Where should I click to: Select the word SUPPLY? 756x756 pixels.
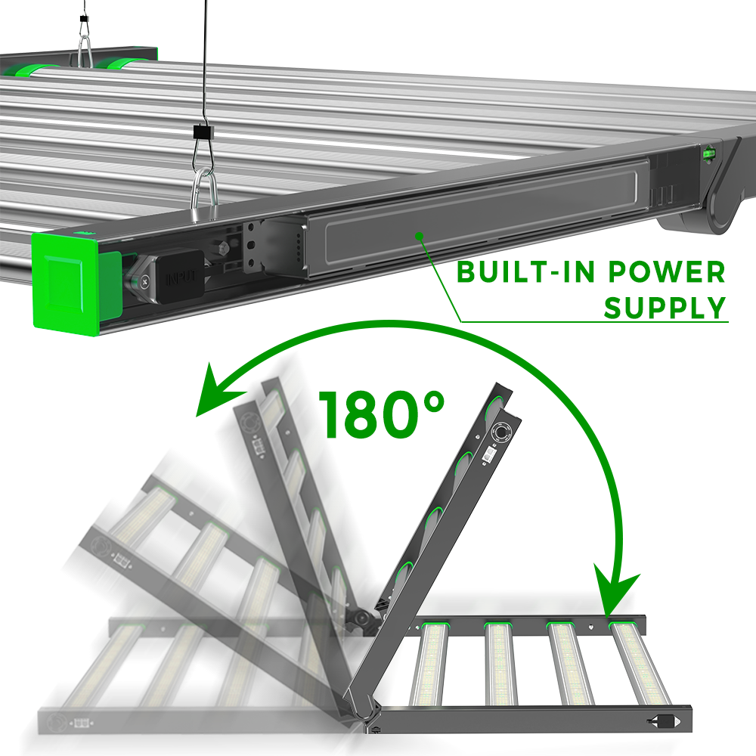[x=665, y=308]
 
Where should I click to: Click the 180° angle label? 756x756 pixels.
[x=381, y=414]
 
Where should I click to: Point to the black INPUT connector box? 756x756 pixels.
[x=181, y=276]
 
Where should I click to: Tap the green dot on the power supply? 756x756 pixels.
[x=420, y=236]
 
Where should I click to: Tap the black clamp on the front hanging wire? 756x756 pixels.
[x=202, y=131]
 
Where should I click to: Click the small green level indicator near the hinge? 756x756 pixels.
[x=709, y=153]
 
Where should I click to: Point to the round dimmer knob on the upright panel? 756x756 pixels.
[x=501, y=432]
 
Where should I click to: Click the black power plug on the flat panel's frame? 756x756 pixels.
[x=663, y=721]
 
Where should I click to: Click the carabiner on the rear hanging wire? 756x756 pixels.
[x=85, y=51]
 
